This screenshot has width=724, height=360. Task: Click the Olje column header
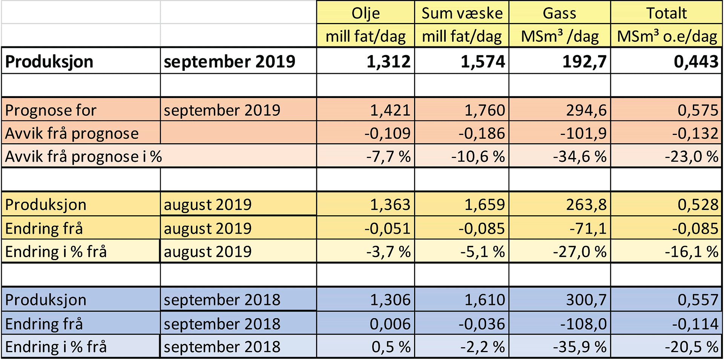pos(365,14)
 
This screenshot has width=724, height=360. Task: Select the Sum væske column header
pos(462,14)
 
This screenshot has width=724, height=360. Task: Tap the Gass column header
pos(559,14)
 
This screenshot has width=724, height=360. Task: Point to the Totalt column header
pos(666,14)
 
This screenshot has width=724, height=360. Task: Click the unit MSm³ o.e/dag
pos(667,37)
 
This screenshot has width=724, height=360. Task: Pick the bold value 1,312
pos(388,61)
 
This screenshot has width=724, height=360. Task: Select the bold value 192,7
pos(584,61)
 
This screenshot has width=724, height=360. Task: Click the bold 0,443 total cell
pos(696,61)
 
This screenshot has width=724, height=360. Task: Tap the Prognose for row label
pos(51,110)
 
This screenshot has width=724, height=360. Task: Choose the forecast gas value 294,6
pos(586,110)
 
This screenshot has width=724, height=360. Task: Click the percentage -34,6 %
pos(579,156)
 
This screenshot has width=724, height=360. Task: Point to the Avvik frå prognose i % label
pos(83,156)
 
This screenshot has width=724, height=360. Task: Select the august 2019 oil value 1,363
pos(390,205)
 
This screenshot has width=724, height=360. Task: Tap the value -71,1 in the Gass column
pos(588,228)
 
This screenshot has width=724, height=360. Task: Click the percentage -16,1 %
pos(691,252)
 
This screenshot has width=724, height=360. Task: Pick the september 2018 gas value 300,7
pos(586,300)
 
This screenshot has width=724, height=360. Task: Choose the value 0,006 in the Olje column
pos(390,324)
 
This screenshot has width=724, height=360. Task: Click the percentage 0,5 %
pos(391,347)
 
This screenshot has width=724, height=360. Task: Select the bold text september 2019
pos(229,61)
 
